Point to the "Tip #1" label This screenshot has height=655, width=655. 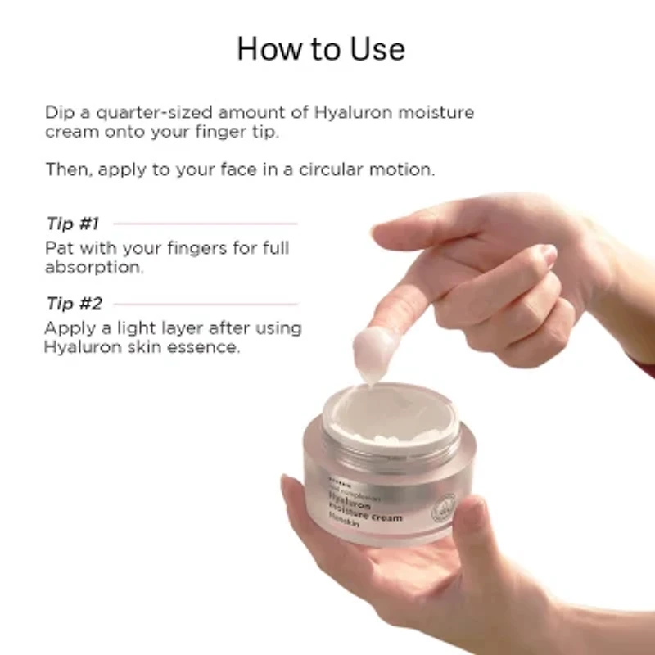tap(74, 223)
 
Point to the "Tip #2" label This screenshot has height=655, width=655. tap(74, 304)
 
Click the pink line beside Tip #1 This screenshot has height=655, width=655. tap(205, 223)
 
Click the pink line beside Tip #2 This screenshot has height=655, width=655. tap(205, 304)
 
